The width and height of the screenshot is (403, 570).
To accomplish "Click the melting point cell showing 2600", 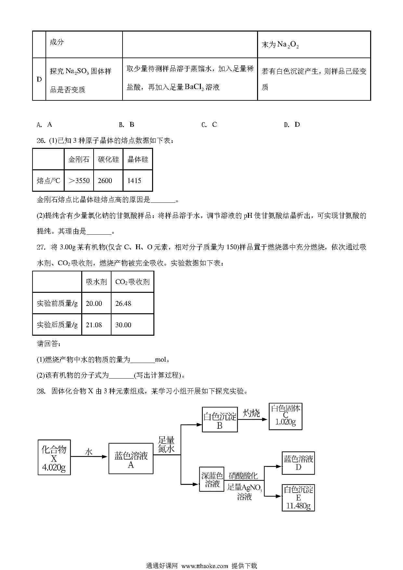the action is tap(108, 180).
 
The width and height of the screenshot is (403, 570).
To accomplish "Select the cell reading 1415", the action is tap(138, 180).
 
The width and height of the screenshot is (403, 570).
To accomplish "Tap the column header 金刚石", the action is tap(79, 159).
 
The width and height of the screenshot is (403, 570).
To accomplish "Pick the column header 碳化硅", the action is tap(108, 159).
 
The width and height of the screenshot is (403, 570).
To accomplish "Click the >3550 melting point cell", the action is tap(79, 180).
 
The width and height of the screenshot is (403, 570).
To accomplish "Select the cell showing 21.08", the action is tap(97, 325).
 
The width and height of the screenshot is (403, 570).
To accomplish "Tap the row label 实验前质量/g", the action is tap(57, 303).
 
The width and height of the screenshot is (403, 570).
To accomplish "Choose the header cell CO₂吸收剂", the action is tap(132, 282).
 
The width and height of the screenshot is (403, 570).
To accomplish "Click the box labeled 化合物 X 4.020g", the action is tap(54, 457).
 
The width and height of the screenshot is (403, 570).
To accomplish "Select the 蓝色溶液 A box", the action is tap(131, 458).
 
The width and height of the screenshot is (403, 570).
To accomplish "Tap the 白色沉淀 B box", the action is tap(220, 420).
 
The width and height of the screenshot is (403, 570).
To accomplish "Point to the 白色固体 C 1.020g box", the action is tap(286, 417).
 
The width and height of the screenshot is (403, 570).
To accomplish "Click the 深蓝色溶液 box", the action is tap(212, 479).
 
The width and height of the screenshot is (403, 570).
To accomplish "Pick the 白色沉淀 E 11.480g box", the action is tap(298, 498).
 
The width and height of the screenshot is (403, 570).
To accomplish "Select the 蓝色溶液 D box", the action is tap(298, 463).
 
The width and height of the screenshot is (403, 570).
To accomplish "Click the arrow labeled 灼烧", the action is tap(253, 419).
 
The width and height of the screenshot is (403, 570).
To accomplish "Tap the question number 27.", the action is tap(41, 247).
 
